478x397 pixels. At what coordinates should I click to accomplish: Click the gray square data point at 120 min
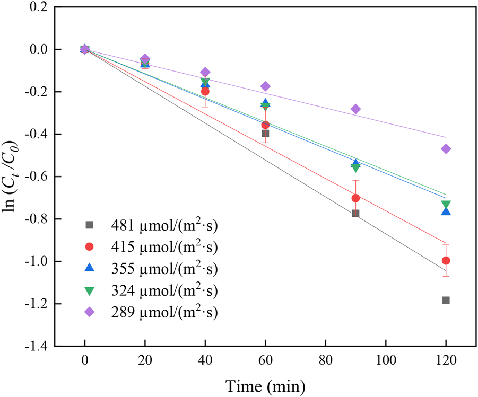(x=446, y=300)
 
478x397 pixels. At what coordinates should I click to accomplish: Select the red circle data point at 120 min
(x=446, y=260)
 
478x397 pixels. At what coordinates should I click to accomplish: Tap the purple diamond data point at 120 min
(x=446, y=149)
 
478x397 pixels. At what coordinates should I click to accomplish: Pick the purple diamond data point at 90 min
(x=355, y=109)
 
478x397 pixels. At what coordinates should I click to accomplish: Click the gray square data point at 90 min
(x=355, y=213)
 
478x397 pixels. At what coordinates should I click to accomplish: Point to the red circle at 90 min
(x=355, y=198)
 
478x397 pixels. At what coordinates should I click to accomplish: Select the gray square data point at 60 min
(x=265, y=134)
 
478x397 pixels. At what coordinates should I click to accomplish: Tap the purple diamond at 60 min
(x=265, y=86)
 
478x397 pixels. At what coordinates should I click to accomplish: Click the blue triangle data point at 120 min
(x=446, y=211)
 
